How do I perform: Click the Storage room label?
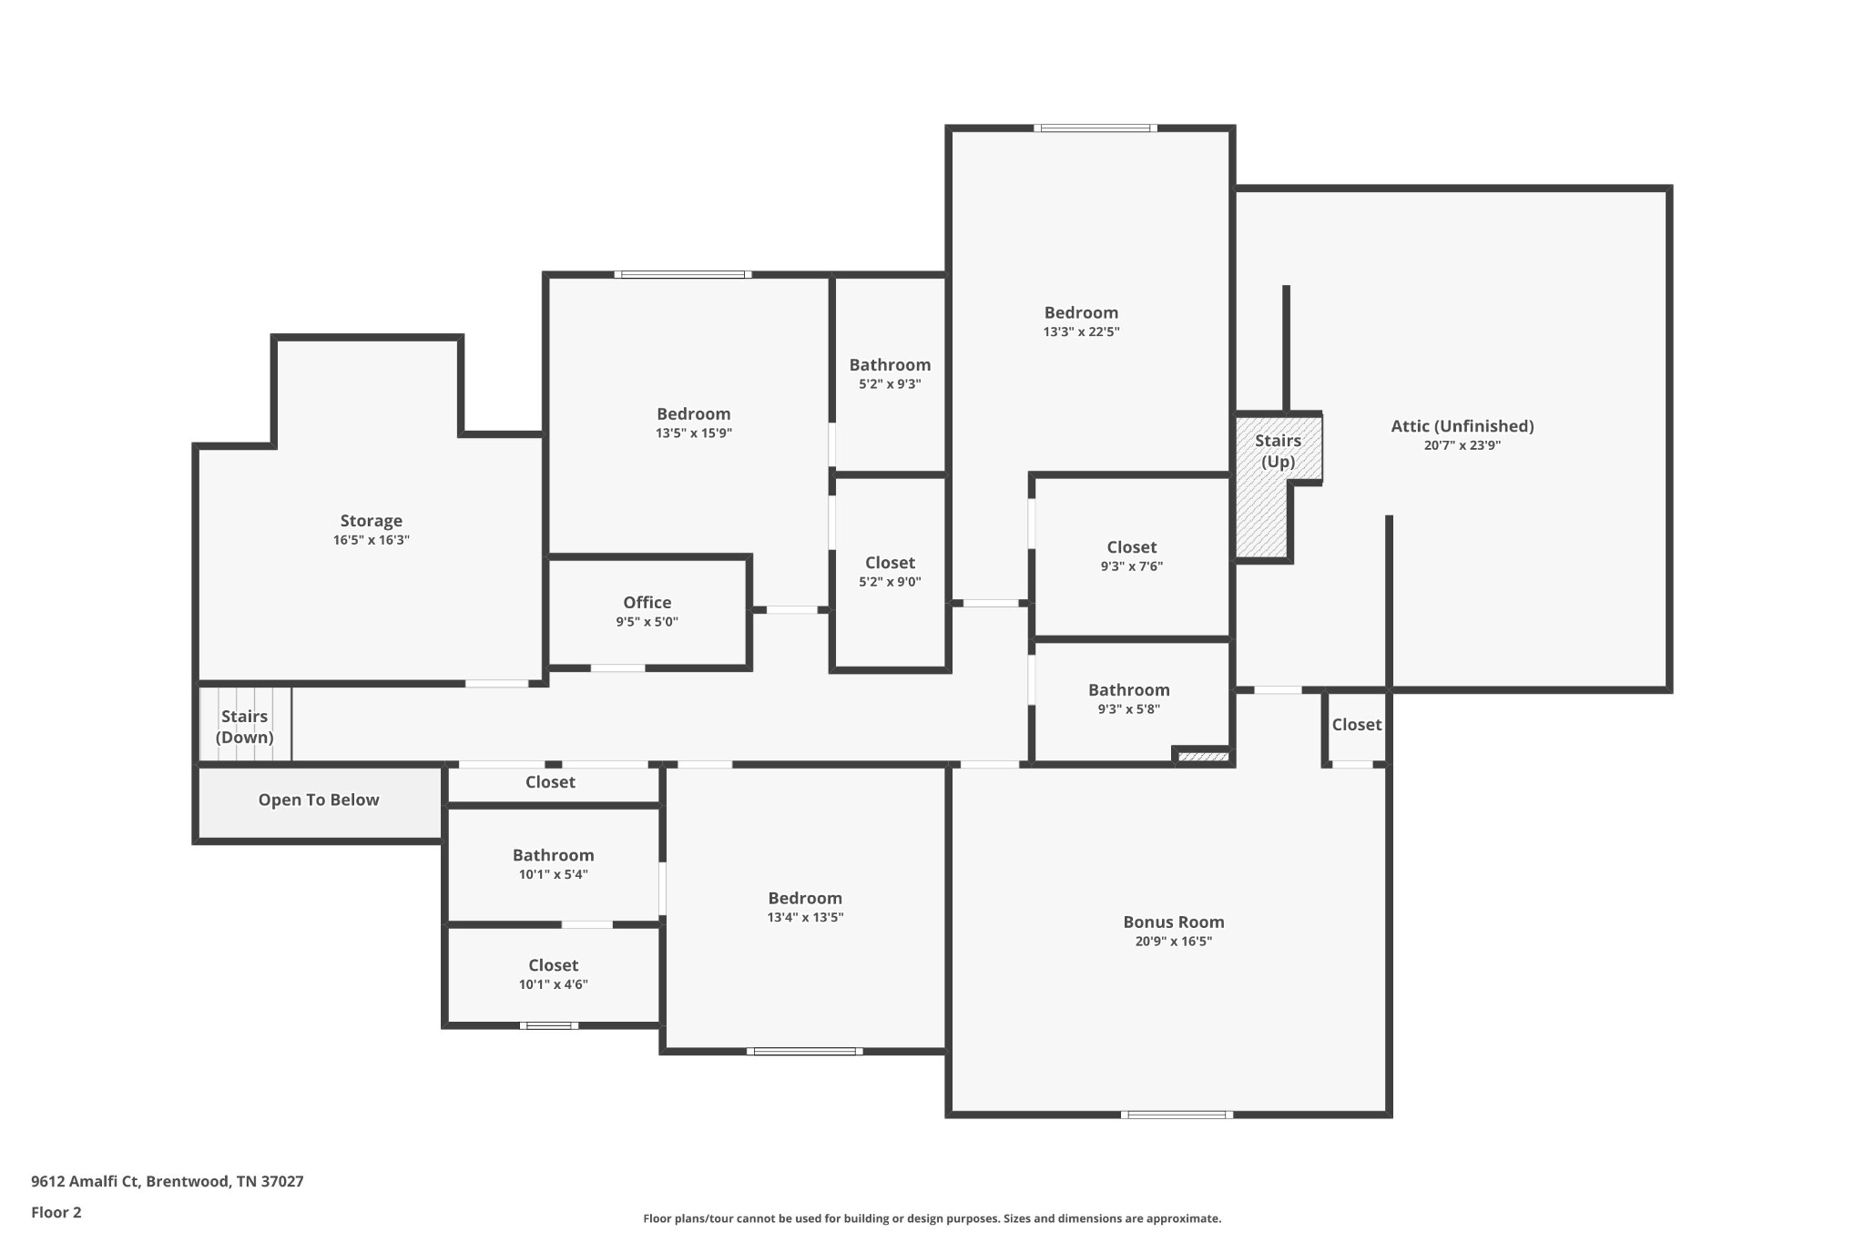371,521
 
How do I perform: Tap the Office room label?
647,603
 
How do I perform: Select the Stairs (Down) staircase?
245,726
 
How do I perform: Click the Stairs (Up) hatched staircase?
1263,510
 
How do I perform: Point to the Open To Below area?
318,800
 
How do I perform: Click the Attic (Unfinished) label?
1462,426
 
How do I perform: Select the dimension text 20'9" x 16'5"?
1173,942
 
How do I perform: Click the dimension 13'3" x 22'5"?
1081,332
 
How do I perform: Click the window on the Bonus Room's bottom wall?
1177,1115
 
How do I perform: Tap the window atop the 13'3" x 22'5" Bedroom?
1096,128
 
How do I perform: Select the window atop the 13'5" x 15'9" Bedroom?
682,274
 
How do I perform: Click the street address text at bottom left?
168,1181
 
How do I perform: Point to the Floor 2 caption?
56,1212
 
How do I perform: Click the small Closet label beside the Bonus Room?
1356,725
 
